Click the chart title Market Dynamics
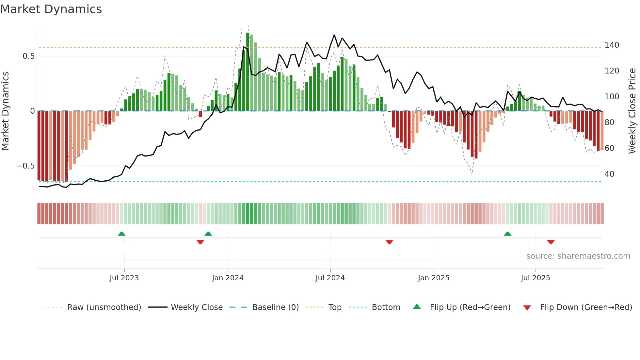tap(51, 9)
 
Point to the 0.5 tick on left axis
tap(28, 56)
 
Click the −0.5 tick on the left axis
tap(25, 166)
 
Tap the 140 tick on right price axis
tap(612, 45)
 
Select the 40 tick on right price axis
tap(609, 174)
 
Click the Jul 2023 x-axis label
tap(124, 278)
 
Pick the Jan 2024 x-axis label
tap(228, 278)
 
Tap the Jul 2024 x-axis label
tap(330, 278)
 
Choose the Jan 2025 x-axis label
tap(434, 278)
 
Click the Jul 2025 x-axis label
tap(536, 278)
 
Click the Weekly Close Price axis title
tap(632, 111)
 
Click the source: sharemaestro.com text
tap(578, 256)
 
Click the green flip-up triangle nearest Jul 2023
tap(121, 234)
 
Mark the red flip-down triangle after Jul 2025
tap(551, 242)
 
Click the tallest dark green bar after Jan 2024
tap(248, 72)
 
